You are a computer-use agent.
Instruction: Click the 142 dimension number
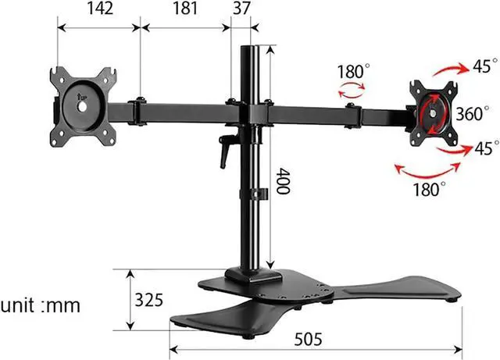(x=100, y=9)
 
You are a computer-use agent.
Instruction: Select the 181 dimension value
(x=185, y=9)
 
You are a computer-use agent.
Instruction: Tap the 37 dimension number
(x=241, y=9)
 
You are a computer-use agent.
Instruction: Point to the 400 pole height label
(x=282, y=181)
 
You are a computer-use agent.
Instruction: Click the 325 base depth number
(x=148, y=300)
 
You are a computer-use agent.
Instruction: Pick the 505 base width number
(x=308, y=339)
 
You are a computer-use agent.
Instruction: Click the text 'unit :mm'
(x=41, y=305)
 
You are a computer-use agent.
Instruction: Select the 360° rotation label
(x=472, y=113)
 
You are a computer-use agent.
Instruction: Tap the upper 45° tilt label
(x=485, y=66)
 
